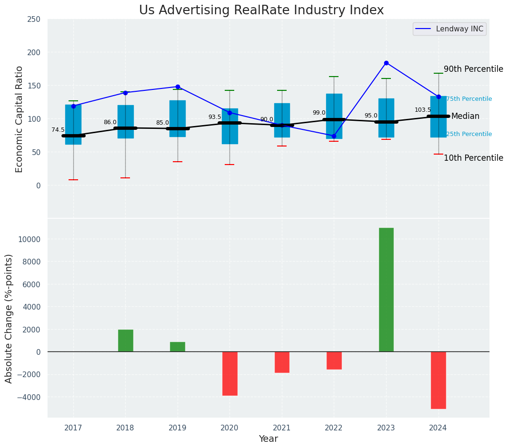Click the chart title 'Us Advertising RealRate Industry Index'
(261, 10)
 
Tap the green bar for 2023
(386, 290)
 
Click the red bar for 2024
(438, 380)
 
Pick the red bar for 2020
(229, 373)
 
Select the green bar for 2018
(126, 341)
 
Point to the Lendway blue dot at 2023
(386, 63)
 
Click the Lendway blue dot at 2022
(334, 136)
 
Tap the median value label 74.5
(58, 130)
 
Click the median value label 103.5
(423, 110)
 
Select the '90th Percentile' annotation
(473, 69)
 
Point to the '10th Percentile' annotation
(473, 158)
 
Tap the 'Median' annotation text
(465, 116)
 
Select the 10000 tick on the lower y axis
(30, 239)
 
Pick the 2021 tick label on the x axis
(282, 428)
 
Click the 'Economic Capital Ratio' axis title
(20, 119)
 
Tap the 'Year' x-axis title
(268, 439)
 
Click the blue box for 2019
(178, 118)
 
